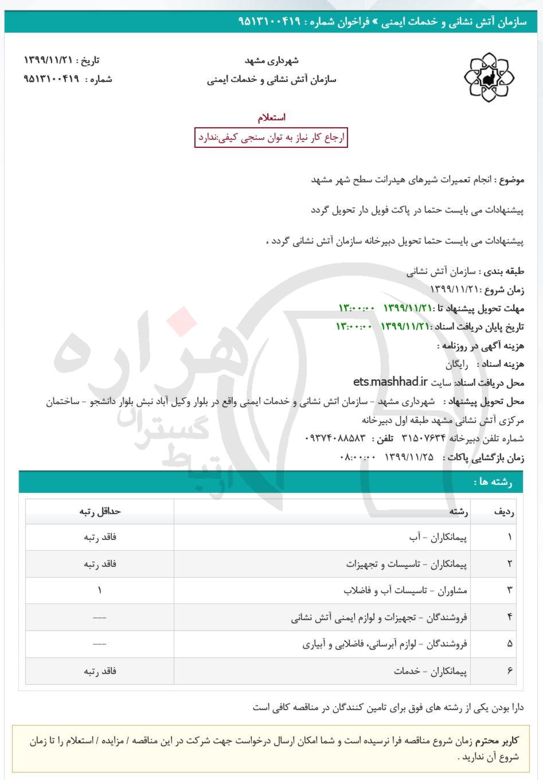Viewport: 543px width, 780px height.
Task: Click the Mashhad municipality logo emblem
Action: (489, 77)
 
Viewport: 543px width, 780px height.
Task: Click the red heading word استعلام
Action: (272, 117)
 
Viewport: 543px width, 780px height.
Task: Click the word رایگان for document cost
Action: (457, 364)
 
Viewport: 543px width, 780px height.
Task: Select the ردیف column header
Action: (504, 511)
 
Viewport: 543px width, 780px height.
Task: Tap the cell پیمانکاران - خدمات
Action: (431, 671)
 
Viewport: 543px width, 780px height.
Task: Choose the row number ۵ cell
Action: (509, 644)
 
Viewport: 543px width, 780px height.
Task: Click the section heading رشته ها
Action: (493, 482)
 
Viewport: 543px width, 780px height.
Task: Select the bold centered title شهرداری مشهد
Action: (272, 61)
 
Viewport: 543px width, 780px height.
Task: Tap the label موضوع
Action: (511, 179)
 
